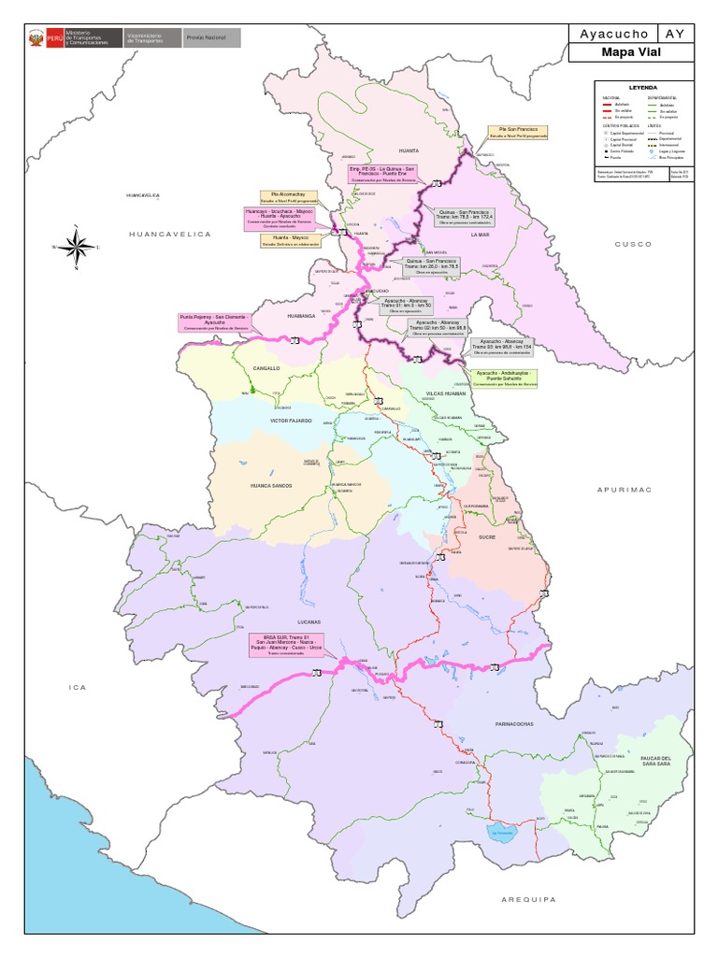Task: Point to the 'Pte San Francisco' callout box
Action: pyautogui.click(x=516, y=132)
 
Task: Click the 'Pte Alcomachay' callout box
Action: pyautogui.click(x=288, y=197)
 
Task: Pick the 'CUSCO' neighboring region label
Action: pyautogui.click(x=631, y=244)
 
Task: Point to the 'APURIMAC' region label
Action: pyautogui.click(x=625, y=489)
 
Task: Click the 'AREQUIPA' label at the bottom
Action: pyautogui.click(x=528, y=899)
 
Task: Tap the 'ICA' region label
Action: pyautogui.click(x=77, y=687)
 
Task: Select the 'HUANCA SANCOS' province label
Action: pyautogui.click(x=272, y=486)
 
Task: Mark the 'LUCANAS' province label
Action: pyautogui.click(x=308, y=621)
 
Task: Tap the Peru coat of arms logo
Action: pyautogui.click(x=36, y=38)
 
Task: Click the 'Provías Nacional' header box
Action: pyautogui.click(x=210, y=38)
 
